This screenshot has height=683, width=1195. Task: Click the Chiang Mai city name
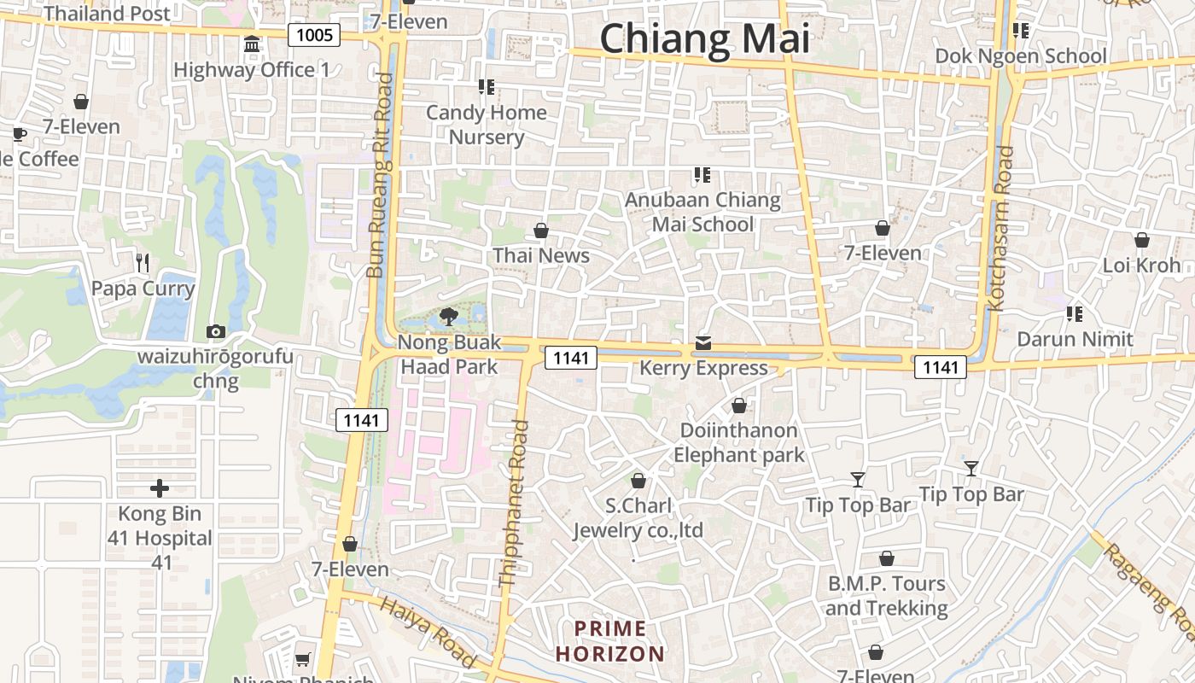pos(704,39)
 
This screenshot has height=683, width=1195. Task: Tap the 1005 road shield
pos(314,35)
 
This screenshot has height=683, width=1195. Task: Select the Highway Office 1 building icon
pos(252,44)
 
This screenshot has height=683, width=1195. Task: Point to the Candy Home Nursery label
pos(487,125)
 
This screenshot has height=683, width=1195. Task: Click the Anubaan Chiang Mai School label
pos(702,212)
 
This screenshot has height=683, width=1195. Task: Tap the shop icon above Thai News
pos(540,231)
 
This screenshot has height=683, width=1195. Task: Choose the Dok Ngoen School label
pos(1021,56)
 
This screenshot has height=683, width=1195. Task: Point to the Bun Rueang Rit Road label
pos(380,175)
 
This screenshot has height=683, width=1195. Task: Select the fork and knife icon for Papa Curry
pos(143,262)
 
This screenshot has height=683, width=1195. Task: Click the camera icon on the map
pos(216,331)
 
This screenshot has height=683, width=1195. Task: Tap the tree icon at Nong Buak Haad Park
pos(448,317)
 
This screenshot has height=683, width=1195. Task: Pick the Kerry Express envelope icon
pos(702,343)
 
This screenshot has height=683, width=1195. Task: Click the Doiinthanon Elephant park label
pos(739,442)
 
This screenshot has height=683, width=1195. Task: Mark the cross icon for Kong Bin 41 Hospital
pos(160,488)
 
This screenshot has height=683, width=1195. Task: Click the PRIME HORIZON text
pos(609,642)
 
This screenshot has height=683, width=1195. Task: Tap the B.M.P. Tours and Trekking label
pos(887,596)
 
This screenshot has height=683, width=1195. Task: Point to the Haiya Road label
pos(428,633)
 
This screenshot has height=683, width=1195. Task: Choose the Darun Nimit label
pos(1075,339)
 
